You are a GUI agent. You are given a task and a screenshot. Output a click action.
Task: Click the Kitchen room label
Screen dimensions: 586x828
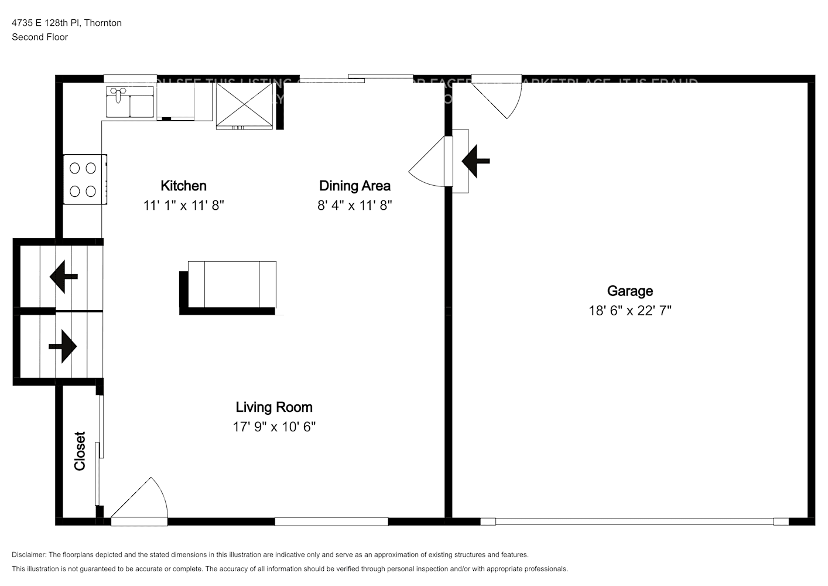click(183, 186)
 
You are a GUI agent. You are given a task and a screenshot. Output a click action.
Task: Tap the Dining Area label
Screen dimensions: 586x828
click(354, 186)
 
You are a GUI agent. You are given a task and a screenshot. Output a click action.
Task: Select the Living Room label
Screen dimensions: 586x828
click(274, 407)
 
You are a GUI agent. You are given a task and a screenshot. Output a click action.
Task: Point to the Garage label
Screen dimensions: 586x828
click(629, 291)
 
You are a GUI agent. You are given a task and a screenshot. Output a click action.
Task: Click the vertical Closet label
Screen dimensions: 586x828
click(80, 451)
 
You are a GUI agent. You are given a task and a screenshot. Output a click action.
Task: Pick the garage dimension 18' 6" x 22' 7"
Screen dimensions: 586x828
click(629, 311)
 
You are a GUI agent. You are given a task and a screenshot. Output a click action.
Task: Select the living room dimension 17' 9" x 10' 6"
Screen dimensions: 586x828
click(274, 427)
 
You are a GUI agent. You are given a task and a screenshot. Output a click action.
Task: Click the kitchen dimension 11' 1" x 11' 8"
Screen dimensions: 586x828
click(183, 206)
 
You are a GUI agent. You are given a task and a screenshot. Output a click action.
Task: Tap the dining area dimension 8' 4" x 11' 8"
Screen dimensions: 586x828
click(354, 206)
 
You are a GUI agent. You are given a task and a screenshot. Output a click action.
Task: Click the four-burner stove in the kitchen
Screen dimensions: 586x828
click(84, 179)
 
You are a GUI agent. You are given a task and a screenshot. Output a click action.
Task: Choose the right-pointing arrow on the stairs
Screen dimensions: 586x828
click(63, 346)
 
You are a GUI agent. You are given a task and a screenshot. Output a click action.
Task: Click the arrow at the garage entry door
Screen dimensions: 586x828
click(475, 161)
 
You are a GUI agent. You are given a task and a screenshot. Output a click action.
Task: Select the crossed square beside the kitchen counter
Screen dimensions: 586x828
click(244, 104)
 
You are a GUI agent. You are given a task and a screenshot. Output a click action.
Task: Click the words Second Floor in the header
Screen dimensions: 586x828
click(40, 37)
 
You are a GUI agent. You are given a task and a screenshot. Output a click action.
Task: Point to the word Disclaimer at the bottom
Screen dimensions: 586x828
click(28, 554)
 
